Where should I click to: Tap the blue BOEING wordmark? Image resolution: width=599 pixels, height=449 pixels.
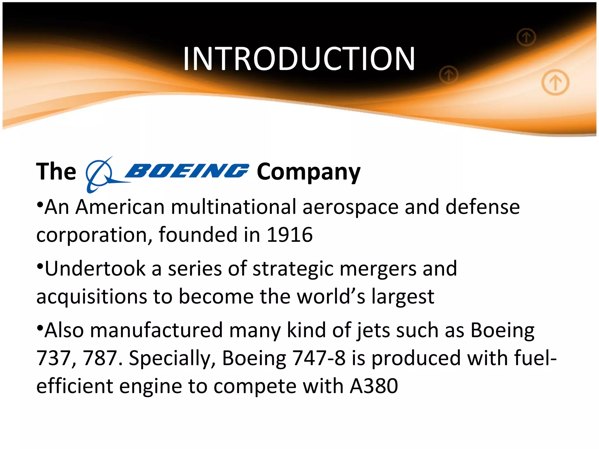(x=187, y=171)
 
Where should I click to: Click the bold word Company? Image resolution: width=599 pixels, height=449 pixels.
(x=309, y=172)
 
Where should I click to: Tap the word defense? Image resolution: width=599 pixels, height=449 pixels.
(x=483, y=207)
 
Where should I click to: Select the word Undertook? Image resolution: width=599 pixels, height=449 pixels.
(x=95, y=269)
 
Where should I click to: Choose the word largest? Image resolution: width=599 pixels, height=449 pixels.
(x=403, y=297)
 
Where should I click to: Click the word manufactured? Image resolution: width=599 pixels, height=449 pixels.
(x=156, y=330)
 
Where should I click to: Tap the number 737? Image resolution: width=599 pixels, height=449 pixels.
(x=54, y=358)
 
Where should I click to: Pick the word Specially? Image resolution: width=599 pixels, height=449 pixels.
(x=172, y=359)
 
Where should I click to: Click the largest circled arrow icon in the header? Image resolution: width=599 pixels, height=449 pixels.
(x=555, y=82)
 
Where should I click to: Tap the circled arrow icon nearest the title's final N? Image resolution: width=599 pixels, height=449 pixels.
(x=449, y=75)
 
